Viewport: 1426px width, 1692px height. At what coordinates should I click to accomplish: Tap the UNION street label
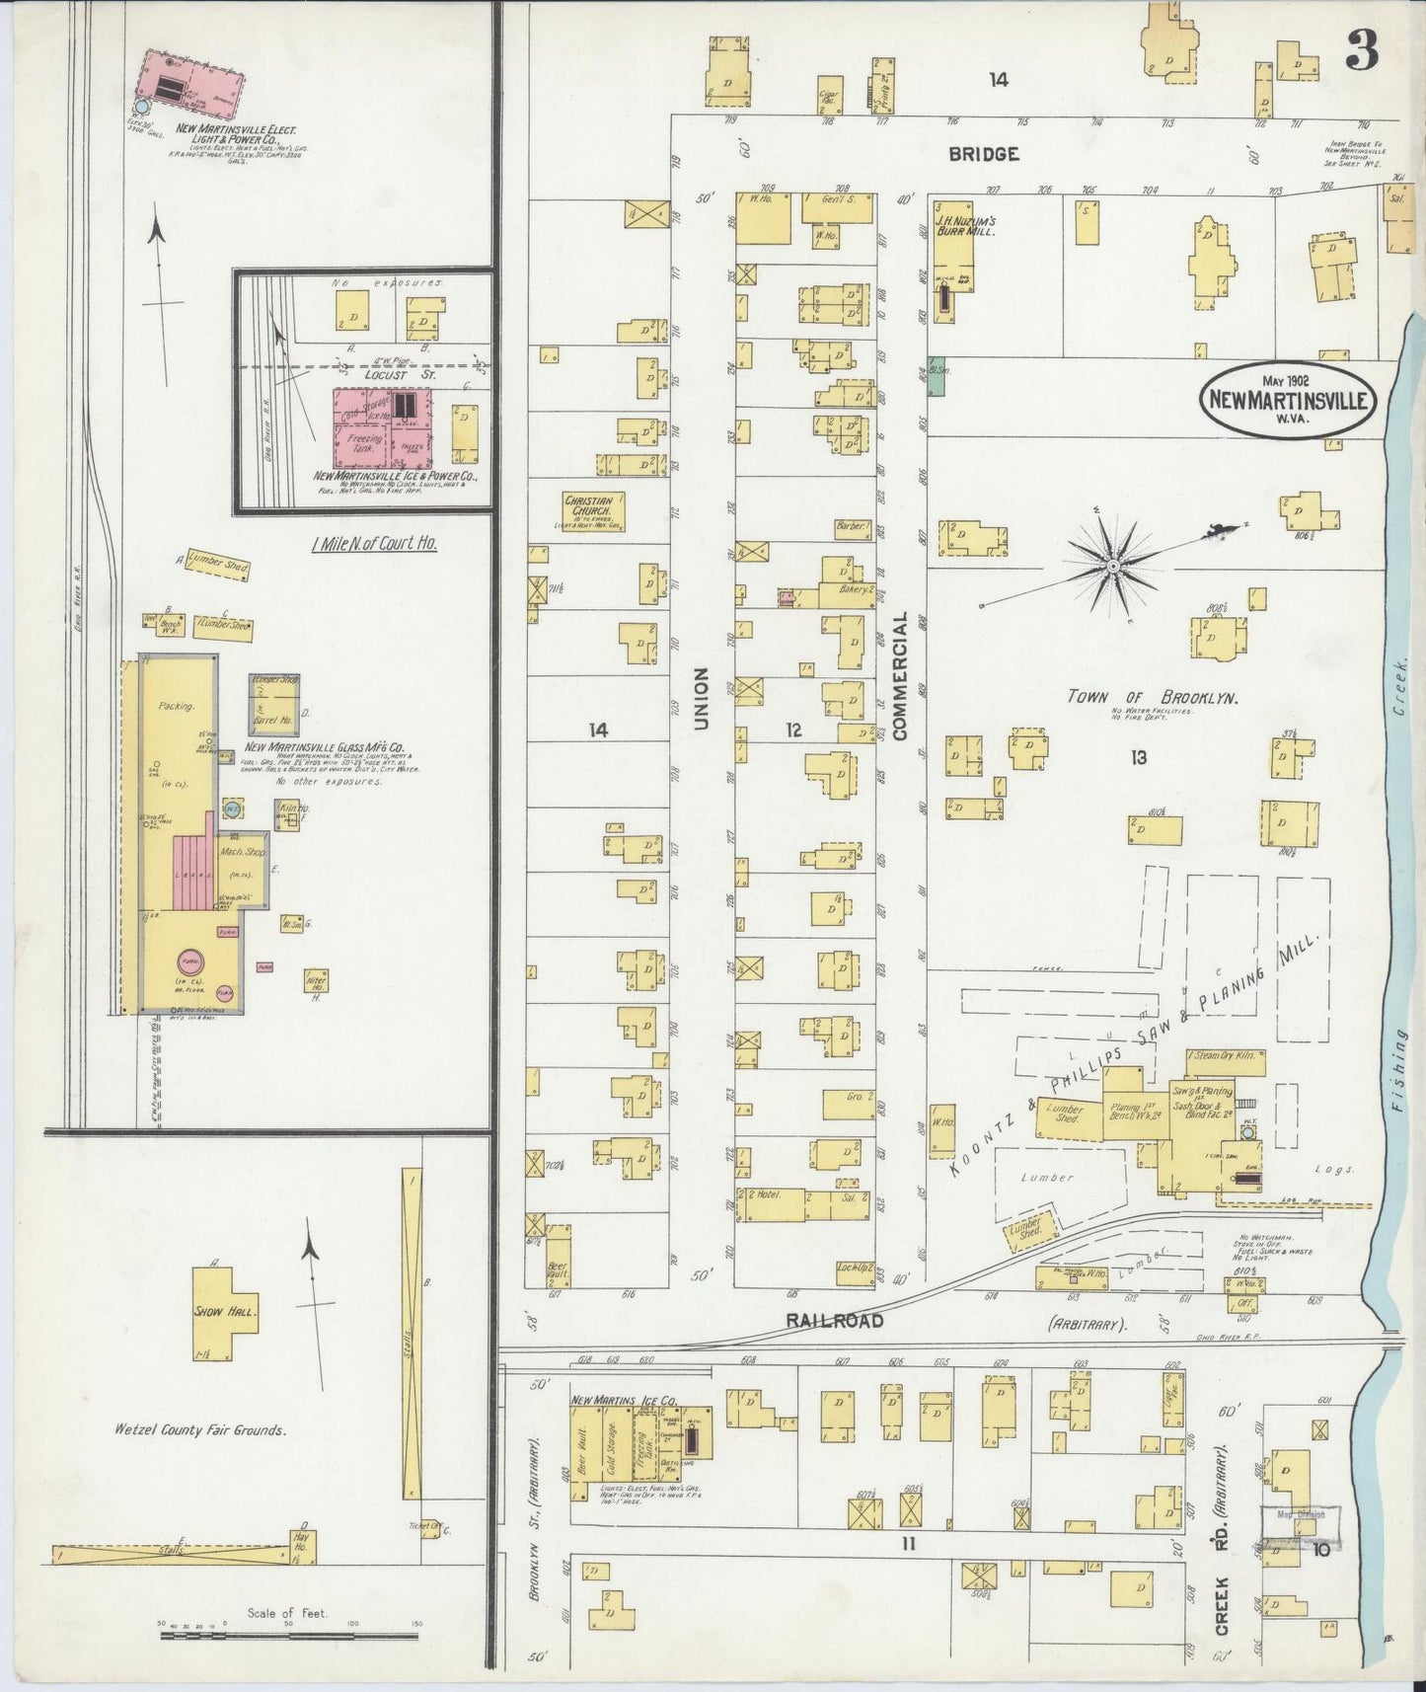coord(702,698)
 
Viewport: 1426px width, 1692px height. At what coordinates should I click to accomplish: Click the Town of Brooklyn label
coord(1153,696)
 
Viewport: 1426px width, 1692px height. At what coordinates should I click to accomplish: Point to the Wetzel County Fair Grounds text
coord(200,1429)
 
